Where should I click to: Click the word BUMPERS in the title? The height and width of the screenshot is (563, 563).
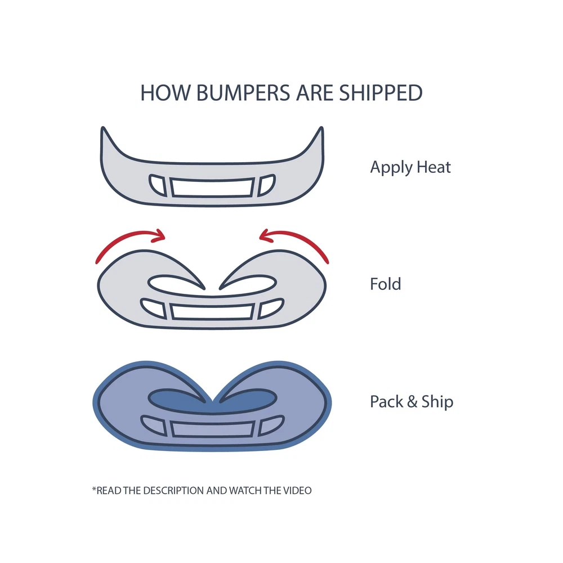[x=243, y=93]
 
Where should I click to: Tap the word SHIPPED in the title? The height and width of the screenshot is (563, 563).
[x=381, y=93]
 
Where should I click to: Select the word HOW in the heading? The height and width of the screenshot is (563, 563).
[x=165, y=93]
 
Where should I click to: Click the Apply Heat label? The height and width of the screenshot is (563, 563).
[x=410, y=167]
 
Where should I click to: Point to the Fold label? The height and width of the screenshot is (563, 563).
[x=385, y=284]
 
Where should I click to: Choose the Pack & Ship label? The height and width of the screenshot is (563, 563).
[x=412, y=402]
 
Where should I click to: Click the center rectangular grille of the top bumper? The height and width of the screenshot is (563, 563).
[x=212, y=187]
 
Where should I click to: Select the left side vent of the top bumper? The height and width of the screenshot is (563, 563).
[x=158, y=185]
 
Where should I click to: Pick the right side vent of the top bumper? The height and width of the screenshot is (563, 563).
[x=266, y=185]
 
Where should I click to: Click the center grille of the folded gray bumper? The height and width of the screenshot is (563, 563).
[x=212, y=311]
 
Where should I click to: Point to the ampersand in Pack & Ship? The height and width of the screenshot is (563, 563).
[x=412, y=402]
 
